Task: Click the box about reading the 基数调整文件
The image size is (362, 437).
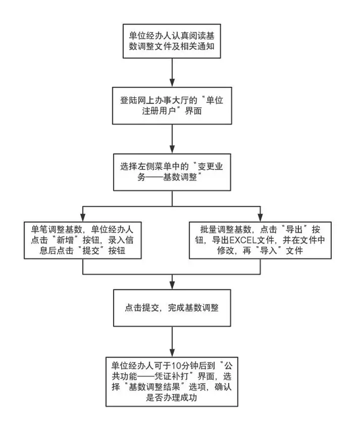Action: [172, 41]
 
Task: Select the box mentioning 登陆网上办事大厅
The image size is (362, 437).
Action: [172, 105]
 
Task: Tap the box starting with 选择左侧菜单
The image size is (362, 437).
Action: [172, 172]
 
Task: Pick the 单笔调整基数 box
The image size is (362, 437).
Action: [82, 240]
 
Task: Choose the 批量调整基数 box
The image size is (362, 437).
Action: [260, 240]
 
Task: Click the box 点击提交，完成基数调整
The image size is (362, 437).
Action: [172, 308]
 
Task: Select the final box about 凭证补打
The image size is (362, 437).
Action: [172, 382]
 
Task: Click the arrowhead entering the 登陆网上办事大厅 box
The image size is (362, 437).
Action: [172, 83]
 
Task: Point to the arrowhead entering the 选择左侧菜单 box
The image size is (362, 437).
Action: [172, 149]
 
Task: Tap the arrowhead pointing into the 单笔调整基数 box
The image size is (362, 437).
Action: [83, 218]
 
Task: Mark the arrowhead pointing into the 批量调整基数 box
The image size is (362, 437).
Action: [260, 218]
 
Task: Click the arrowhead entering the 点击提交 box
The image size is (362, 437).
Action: [172, 285]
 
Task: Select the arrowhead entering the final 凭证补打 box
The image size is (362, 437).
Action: [172, 353]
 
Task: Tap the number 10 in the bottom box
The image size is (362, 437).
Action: [176, 365]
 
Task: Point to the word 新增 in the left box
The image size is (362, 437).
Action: [65, 240]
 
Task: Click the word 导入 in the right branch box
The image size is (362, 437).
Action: [268, 251]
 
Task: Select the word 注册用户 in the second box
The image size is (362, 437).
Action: [159, 111]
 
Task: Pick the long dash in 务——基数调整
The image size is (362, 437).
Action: [155, 177]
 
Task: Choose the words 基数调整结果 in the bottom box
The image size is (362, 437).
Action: [154, 387]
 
